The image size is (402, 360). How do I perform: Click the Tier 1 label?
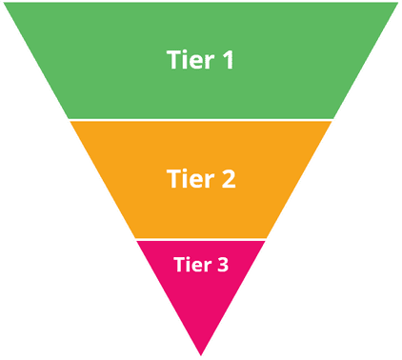pyautogui.click(x=200, y=60)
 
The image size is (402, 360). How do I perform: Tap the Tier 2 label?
pyautogui.click(x=200, y=178)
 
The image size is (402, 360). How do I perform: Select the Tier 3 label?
pyautogui.click(x=200, y=265)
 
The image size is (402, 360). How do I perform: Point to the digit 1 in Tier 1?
pyautogui.click(x=227, y=60)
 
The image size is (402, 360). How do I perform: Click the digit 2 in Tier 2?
pyautogui.click(x=228, y=178)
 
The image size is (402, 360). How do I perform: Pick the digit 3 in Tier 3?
pyautogui.click(x=223, y=265)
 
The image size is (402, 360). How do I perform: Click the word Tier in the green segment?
pyautogui.click(x=189, y=60)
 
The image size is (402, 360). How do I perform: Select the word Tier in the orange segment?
pyautogui.click(x=189, y=178)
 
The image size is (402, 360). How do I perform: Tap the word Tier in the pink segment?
pyautogui.click(x=191, y=265)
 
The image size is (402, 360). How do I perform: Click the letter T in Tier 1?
pyautogui.click(x=172, y=60)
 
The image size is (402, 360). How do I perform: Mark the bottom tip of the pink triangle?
pyautogui.click(x=200, y=355)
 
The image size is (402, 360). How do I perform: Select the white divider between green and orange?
pyautogui.click(x=200, y=120)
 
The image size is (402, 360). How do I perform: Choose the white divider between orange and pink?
pyautogui.click(x=200, y=239)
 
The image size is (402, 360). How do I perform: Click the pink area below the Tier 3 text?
pyautogui.click(x=200, y=305)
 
